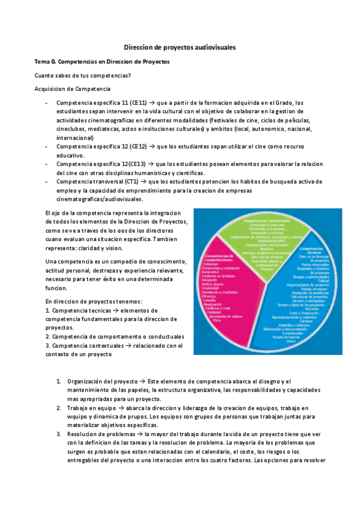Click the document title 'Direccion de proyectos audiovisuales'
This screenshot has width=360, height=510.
(180, 46)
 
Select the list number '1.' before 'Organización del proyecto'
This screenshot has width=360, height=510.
(59, 382)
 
